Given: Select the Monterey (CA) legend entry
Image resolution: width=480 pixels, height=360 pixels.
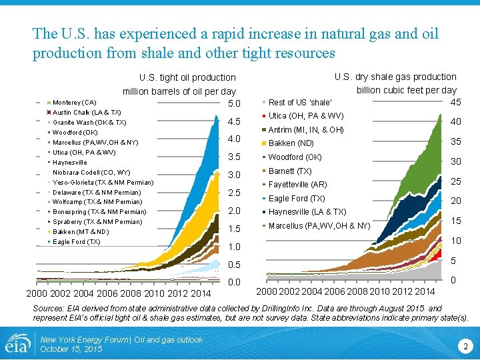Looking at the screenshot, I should click(74, 103).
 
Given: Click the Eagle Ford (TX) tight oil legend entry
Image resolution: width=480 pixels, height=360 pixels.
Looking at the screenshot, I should click(76, 241).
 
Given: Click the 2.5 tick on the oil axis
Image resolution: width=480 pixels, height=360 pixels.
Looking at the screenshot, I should click(234, 193).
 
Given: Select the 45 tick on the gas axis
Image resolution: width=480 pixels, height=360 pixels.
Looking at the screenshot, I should click(456, 102).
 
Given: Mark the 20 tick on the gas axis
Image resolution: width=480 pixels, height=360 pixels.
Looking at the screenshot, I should click(456, 201).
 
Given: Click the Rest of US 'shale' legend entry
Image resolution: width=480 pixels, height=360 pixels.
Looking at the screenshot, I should click(299, 102).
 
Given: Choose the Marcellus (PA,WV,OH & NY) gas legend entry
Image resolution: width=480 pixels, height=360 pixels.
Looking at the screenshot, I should click(319, 225).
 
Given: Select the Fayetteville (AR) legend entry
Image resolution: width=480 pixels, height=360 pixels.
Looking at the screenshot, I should click(297, 184).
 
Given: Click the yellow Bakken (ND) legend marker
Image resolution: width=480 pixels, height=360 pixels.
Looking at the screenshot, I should click(265, 144).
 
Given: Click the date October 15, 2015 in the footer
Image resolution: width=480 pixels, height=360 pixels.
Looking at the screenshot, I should click(71, 349).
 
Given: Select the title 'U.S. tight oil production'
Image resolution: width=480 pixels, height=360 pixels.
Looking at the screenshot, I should click(186, 78).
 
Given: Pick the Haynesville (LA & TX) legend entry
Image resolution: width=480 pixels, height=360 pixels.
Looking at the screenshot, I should click(307, 212).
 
